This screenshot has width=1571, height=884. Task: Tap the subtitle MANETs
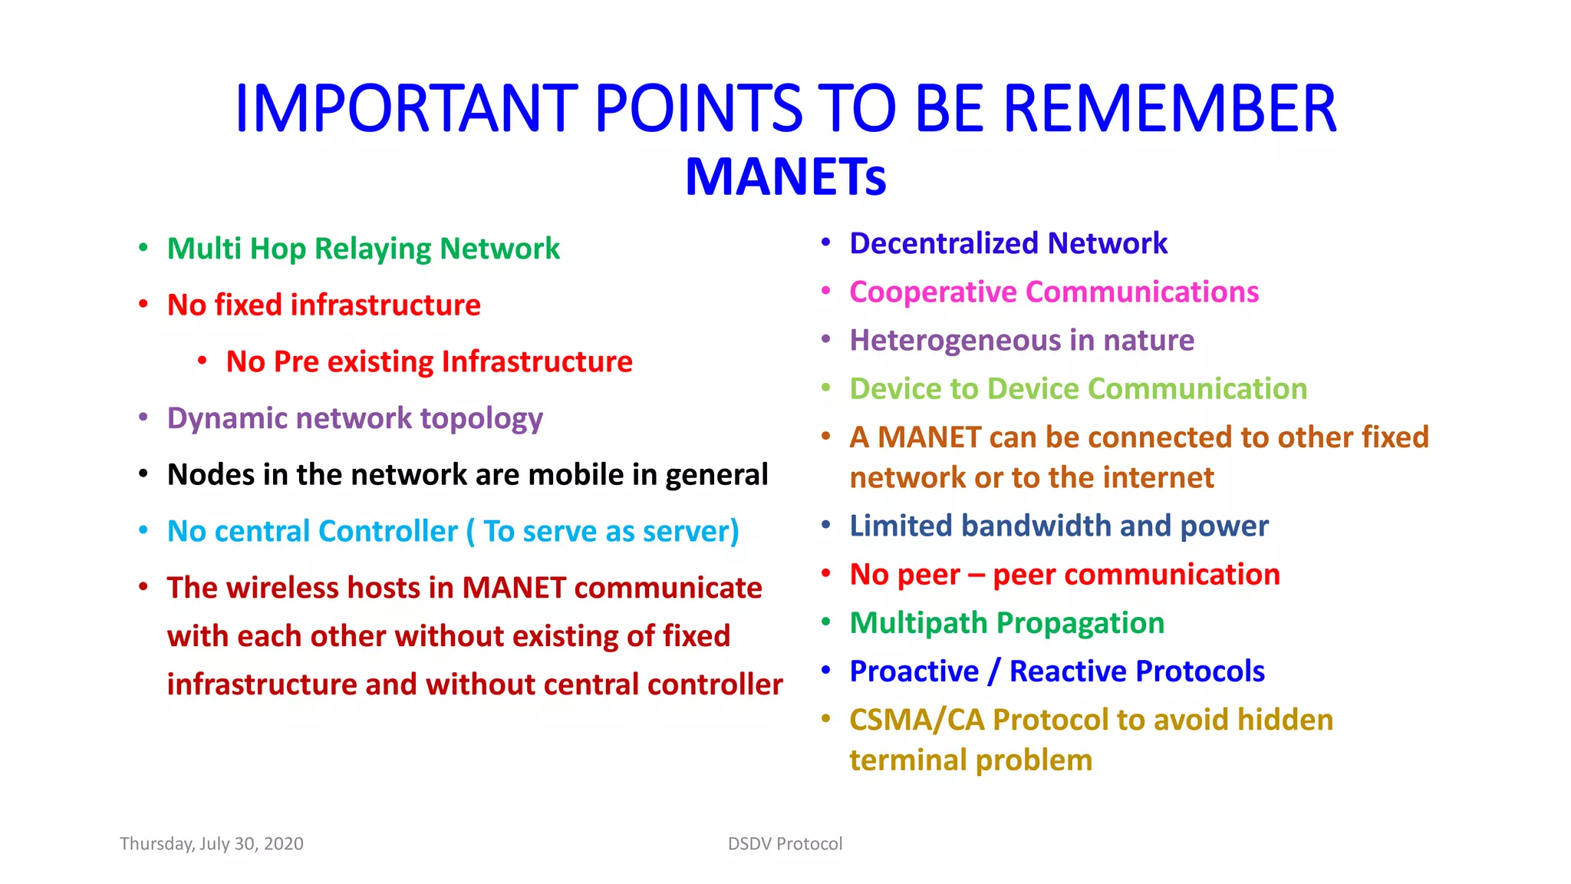click(785, 177)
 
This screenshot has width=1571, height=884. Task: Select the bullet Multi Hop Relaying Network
click(363, 249)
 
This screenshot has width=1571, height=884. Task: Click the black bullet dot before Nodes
click(143, 474)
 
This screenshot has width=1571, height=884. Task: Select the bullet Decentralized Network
click(1008, 243)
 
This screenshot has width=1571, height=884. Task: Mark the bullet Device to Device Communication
click(1078, 389)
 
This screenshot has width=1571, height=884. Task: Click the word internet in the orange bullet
click(1166, 478)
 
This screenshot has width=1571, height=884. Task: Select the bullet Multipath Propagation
click(1006, 623)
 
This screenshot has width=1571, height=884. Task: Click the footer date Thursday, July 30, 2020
click(212, 844)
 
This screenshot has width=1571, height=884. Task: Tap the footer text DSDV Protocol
click(785, 844)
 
